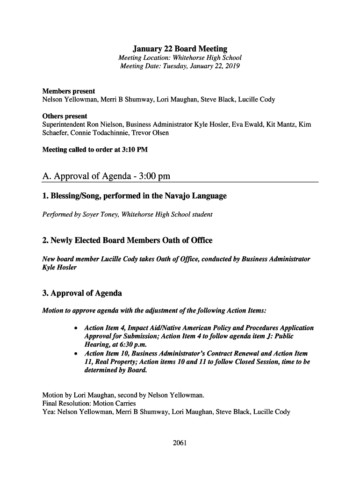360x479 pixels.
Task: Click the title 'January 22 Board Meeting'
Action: (180, 49)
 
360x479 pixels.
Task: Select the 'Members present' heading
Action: (69, 91)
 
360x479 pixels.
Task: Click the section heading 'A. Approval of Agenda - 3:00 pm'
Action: (106, 176)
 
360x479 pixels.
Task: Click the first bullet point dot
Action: (76, 328)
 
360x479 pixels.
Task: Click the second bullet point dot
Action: (76, 354)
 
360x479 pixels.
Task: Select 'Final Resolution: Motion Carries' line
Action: (89, 403)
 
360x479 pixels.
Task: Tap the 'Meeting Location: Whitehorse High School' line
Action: (180, 58)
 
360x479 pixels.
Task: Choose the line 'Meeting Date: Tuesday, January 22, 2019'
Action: (180, 66)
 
